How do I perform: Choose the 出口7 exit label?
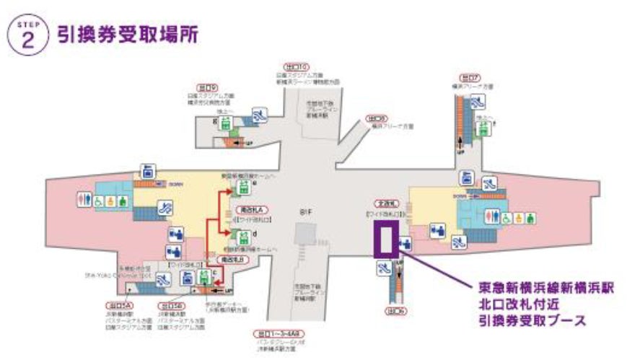point(469,77)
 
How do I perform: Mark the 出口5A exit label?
point(116,305)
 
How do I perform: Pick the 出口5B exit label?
point(170,305)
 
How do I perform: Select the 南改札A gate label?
point(246,209)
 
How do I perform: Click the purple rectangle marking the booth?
point(384,239)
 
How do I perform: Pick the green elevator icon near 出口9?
point(226,124)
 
